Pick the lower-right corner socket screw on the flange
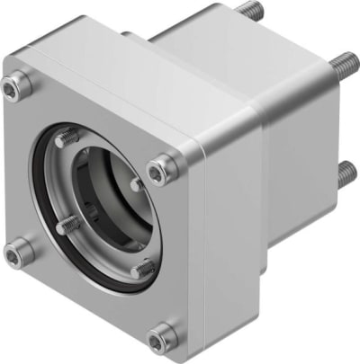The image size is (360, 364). [x=163, y=337]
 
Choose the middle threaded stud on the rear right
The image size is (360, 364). [x=343, y=64]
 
